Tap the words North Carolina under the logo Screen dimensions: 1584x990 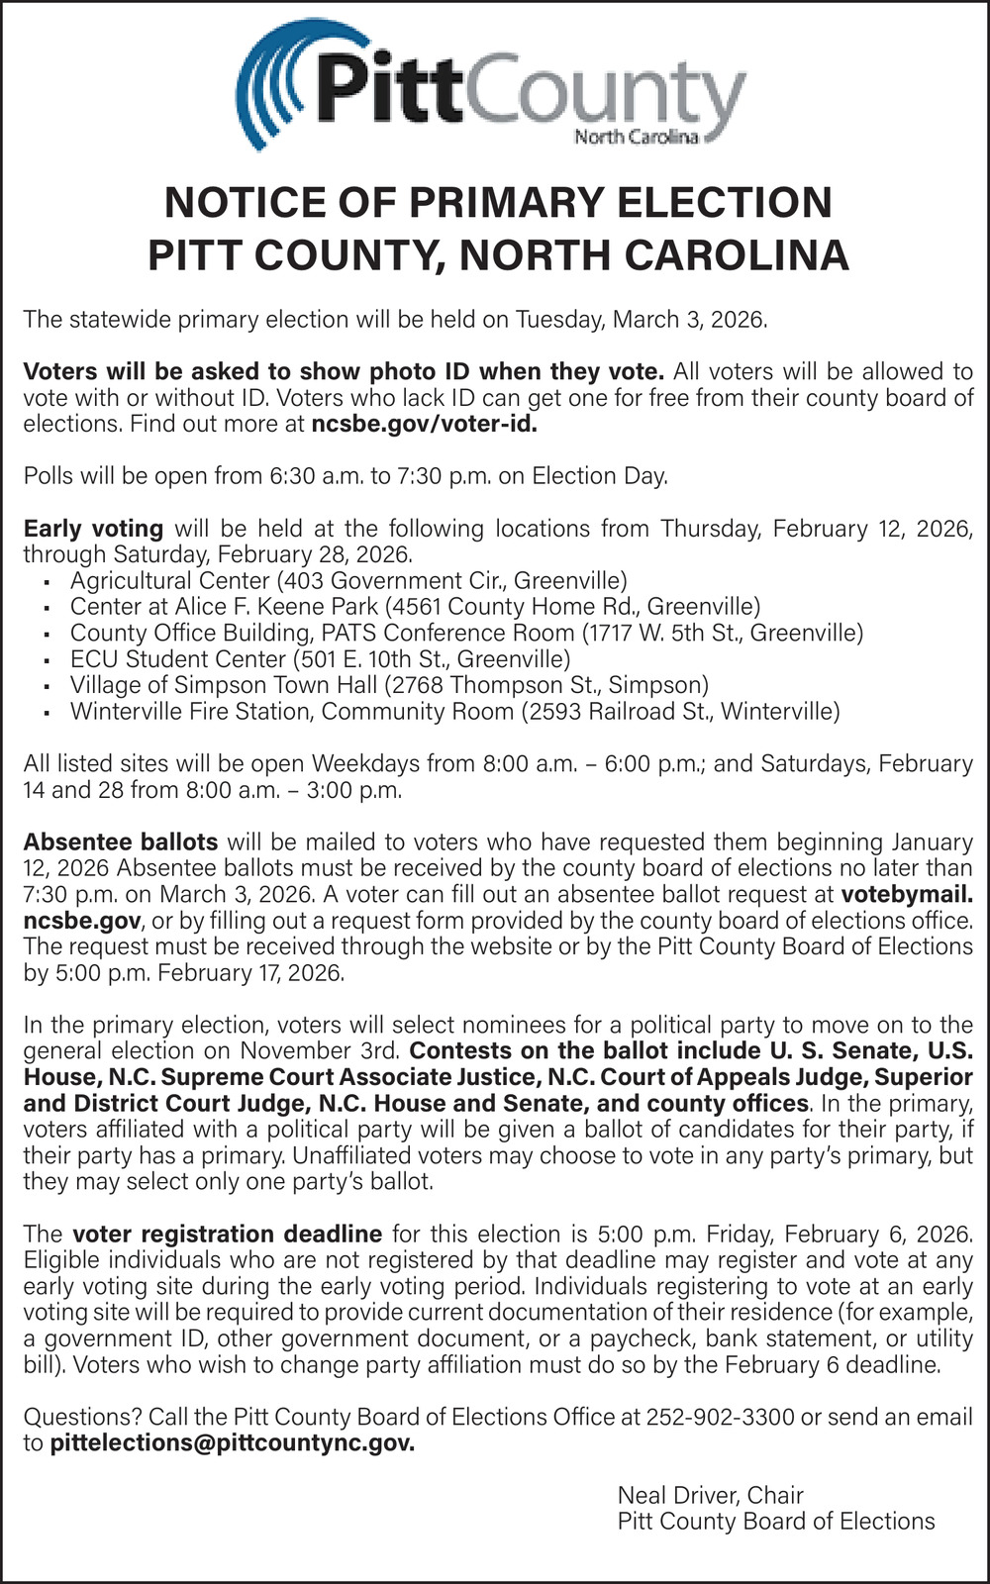click(x=637, y=137)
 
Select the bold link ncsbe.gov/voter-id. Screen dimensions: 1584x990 click(x=425, y=424)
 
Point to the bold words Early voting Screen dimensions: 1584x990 click(x=93, y=528)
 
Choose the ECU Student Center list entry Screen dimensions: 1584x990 click(x=320, y=658)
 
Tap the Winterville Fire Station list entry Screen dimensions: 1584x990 click(x=454, y=711)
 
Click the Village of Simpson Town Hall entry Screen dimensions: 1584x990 click(x=389, y=685)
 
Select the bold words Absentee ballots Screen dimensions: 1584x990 click(x=120, y=841)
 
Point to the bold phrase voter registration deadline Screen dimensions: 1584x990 click(x=228, y=1234)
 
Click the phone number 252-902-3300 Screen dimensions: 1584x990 click(x=721, y=1417)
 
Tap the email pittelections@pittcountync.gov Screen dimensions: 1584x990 click(x=233, y=1442)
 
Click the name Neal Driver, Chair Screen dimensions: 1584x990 click(x=710, y=1495)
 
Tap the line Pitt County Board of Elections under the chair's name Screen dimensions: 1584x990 click(x=775, y=1522)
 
